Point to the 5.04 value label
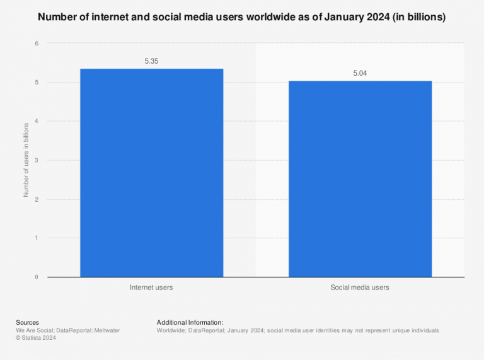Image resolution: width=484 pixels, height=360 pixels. (x=360, y=74)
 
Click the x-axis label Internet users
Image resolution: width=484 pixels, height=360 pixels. (x=151, y=287)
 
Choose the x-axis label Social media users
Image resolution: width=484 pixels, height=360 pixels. (x=360, y=287)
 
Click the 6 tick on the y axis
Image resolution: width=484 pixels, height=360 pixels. (x=37, y=44)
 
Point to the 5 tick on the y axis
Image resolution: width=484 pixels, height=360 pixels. (x=37, y=83)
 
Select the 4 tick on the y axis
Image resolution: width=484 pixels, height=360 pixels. (x=37, y=121)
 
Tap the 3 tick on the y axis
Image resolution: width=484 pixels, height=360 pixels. (x=37, y=160)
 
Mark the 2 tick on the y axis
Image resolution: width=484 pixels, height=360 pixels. (x=37, y=199)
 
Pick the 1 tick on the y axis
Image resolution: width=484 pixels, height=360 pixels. (x=37, y=238)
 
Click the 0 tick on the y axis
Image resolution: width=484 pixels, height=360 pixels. (x=37, y=277)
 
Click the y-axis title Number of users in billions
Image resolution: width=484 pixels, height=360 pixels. (x=26, y=160)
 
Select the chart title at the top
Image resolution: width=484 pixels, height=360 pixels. (x=242, y=17)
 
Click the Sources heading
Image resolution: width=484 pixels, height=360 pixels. (x=27, y=322)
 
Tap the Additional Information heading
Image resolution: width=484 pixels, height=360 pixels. (x=190, y=322)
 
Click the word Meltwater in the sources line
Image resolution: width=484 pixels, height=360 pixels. (x=104, y=330)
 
